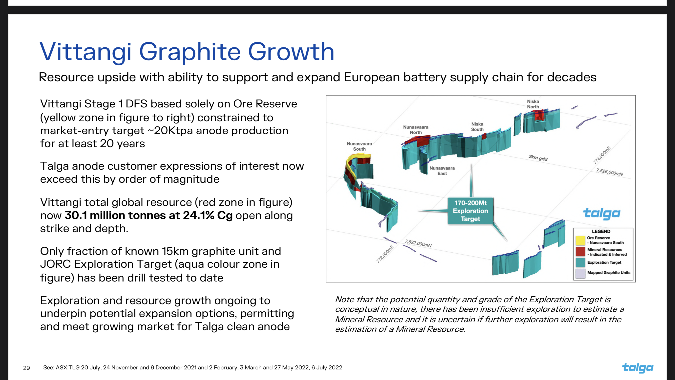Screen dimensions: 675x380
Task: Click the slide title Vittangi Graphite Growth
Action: (x=187, y=52)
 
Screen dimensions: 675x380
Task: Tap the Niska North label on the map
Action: (x=533, y=104)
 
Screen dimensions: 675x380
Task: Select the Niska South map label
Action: (x=477, y=127)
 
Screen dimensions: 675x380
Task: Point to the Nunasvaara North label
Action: (x=416, y=130)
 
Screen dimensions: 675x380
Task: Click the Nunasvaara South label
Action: (x=359, y=146)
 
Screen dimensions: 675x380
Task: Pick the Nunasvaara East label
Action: (x=442, y=170)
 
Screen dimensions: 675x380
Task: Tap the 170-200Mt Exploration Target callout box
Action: (x=470, y=211)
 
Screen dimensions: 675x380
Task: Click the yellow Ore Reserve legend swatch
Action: (x=580, y=240)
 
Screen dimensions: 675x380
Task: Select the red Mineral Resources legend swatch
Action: (x=580, y=252)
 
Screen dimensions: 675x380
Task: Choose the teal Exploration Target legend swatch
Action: (x=580, y=262)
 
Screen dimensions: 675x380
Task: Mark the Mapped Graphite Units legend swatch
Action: (x=580, y=273)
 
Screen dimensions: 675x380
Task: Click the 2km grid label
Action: (x=538, y=158)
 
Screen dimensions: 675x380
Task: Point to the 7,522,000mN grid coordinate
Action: (x=418, y=243)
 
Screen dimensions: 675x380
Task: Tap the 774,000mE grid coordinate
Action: (x=602, y=155)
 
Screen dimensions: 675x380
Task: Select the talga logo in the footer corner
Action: (x=637, y=368)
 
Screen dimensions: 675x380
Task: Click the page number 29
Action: (x=26, y=368)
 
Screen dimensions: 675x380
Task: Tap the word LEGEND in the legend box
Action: (x=601, y=231)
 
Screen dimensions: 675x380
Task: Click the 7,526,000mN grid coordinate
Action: (x=610, y=172)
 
